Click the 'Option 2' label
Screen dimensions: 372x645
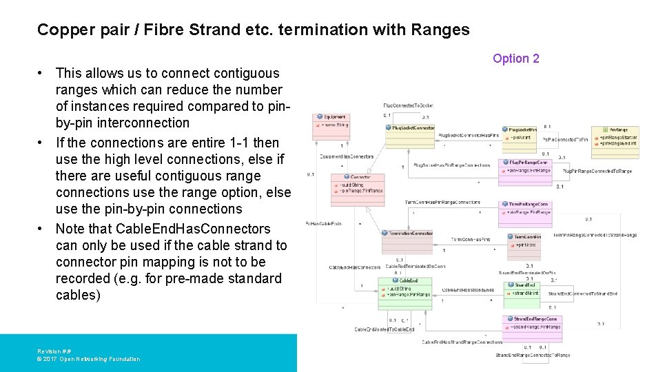point(515,59)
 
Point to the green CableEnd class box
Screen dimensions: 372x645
point(405,289)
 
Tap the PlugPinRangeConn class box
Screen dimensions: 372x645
point(525,167)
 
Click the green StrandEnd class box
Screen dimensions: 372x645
point(525,289)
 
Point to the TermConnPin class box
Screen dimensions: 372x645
point(525,241)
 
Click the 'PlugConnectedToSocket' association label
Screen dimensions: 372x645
point(408,105)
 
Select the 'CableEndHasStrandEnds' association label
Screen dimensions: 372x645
point(468,290)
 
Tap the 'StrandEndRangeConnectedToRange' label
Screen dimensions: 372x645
point(533,355)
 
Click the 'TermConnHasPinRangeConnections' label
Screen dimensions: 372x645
point(442,202)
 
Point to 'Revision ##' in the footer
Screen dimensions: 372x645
point(54,351)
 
